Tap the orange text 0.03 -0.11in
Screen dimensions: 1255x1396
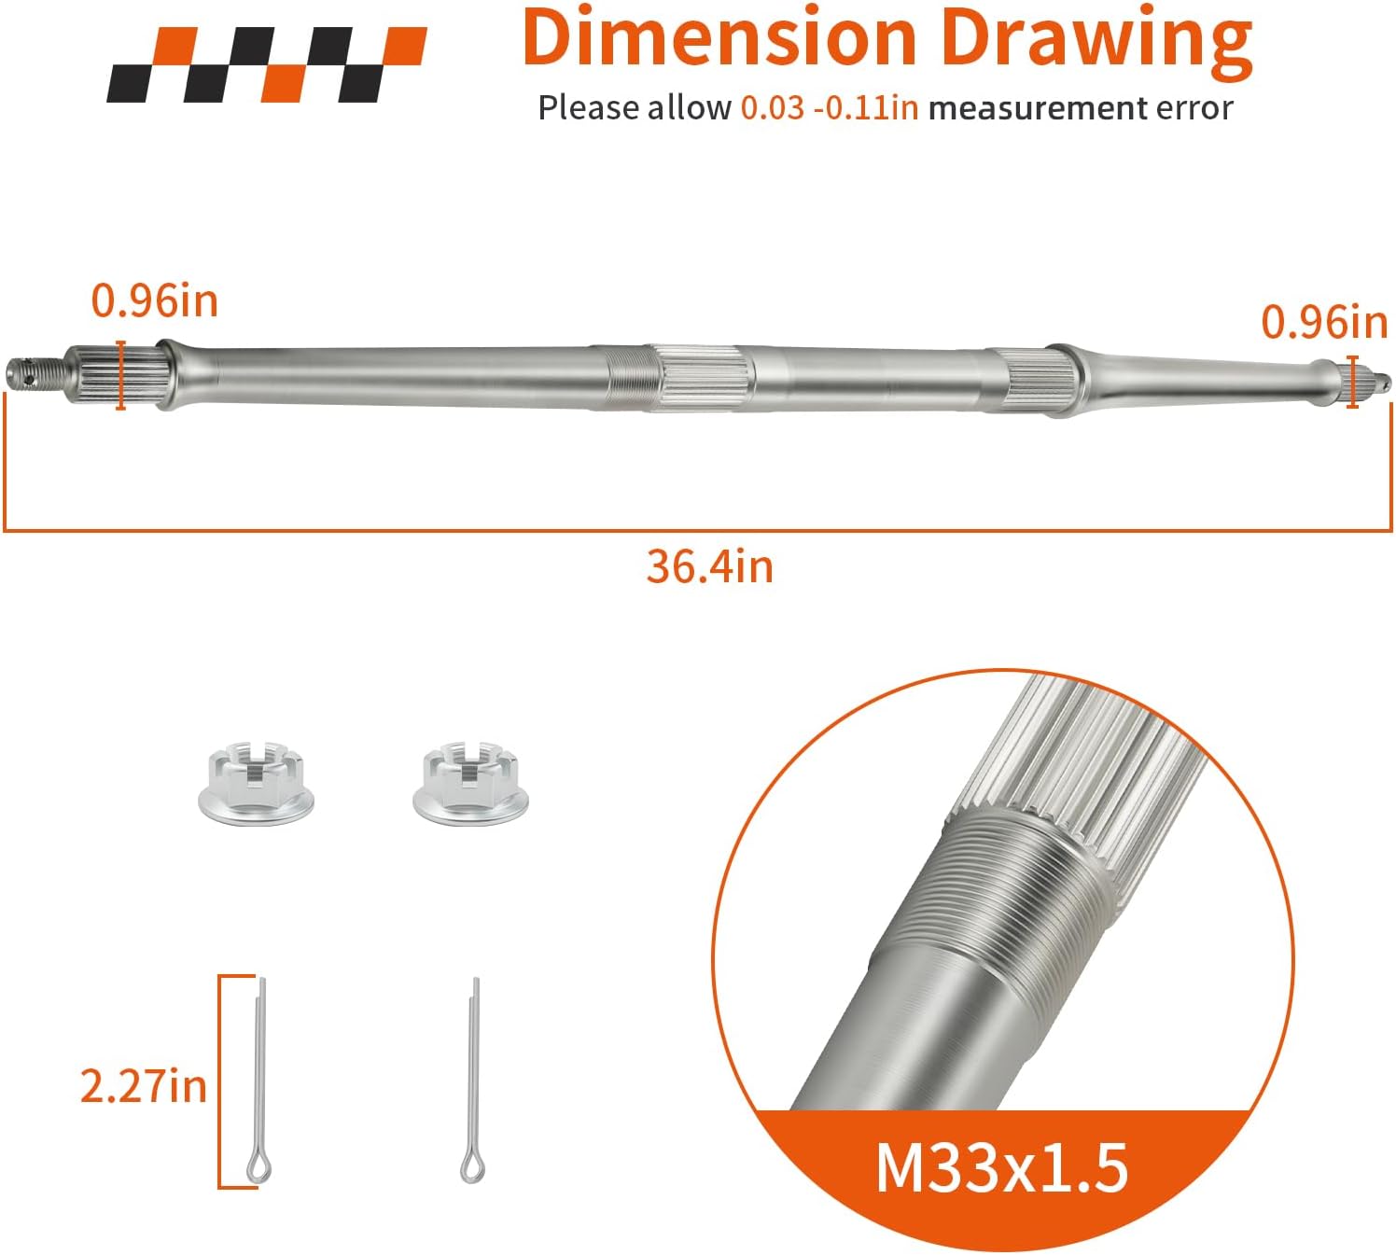pyautogui.click(x=829, y=108)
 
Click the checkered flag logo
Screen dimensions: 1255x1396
pyautogui.click(x=266, y=64)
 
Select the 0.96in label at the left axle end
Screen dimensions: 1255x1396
pyautogui.click(x=154, y=301)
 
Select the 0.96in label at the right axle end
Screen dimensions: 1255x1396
pyautogui.click(x=1323, y=323)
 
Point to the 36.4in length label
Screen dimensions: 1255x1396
pyautogui.click(x=709, y=567)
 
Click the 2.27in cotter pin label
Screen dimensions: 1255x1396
pyautogui.click(x=143, y=1087)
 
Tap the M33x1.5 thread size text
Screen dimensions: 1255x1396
pyautogui.click(x=1001, y=1167)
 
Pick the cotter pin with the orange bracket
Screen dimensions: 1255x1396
pyautogui.click(x=259, y=1082)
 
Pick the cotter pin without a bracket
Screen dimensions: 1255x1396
pyautogui.click(x=474, y=1082)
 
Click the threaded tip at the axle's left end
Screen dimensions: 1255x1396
pyautogui.click(x=34, y=370)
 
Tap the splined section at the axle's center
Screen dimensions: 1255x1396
pyautogui.click(x=705, y=376)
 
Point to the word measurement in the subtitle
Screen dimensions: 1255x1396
pyautogui.click(x=1037, y=108)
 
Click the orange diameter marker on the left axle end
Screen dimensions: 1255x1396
pyautogui.click(x=121, y=375)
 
